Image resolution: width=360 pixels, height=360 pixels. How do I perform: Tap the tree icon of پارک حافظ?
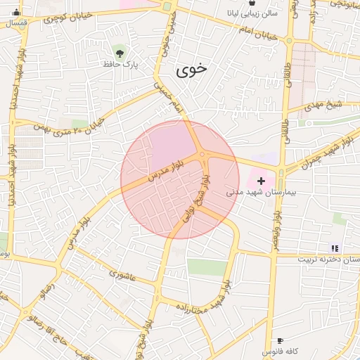tap(120, 52)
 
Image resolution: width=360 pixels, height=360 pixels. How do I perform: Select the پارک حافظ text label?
tap(120, 65)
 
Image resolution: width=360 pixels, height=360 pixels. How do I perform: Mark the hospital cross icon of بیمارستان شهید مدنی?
tap(262, 181)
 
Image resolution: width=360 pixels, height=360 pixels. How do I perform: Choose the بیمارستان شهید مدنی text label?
tap(253, 191)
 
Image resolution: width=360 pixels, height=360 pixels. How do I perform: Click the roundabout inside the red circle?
tap(202, 155)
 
